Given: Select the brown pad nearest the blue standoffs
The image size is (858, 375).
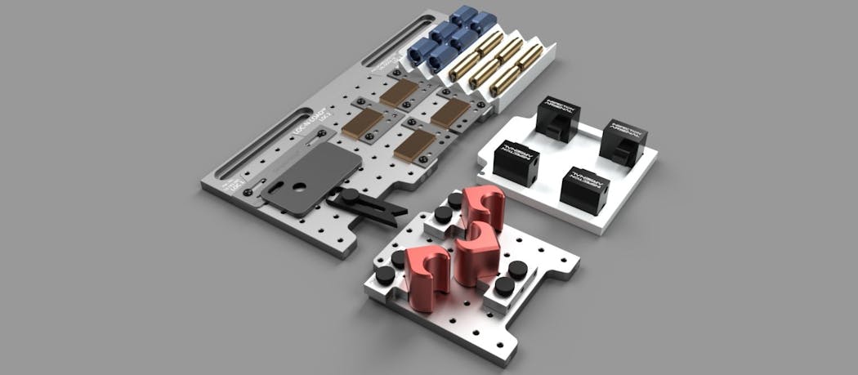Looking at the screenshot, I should (x=400, y=92).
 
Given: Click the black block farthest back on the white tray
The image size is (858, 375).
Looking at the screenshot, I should (x=556, y=118).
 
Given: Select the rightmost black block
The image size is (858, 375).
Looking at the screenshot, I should (x=623, y=138).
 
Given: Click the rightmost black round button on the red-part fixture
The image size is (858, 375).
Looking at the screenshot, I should (x=516, y=270).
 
